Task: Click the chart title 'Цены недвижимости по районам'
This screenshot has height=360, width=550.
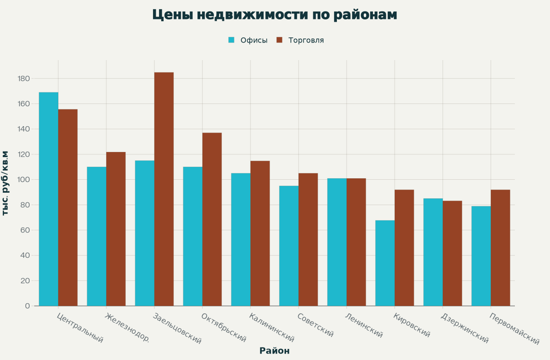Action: pyautogui.click(x=275, y=15)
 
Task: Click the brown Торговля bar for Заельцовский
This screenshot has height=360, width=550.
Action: pyautogui.click(x=164, y=189)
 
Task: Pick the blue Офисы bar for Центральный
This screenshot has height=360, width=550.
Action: pyautogui.click(x=49, y=199)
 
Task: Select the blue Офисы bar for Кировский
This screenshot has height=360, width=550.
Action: pyautogui.click(x=385, y=263)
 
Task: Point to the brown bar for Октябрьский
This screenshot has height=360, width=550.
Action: pyautogui.click(x=212, y=219)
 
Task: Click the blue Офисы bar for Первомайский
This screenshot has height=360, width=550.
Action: pyautogui.click(x=481, y=256)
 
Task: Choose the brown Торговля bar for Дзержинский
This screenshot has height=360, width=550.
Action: pyautogui.click(x=452, y=253)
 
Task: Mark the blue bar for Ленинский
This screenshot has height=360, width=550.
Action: pyautogui.click(x=337, y=242)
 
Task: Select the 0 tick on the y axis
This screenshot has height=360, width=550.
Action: pyautogui.click(x=28, y=306)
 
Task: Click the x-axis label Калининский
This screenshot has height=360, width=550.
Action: pyautogui.click(x=271, y=327)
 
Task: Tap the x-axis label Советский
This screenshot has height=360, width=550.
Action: pyautogui.click(x=315, y=325)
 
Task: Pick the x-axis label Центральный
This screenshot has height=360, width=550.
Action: pyautogui.click(x=79, y=328)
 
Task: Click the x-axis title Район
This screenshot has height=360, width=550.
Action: pyautogui.click(x=275, y=351)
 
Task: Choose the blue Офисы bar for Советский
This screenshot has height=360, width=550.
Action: pyautogui.click(x=289, y=246)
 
